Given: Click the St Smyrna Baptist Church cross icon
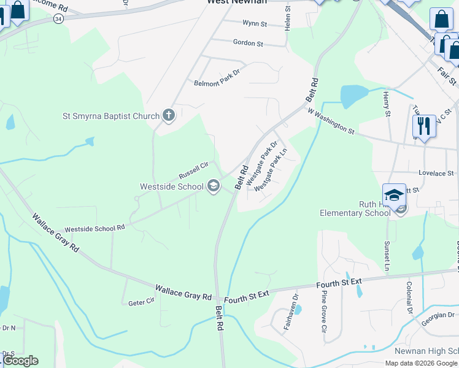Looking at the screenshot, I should coord(169,115).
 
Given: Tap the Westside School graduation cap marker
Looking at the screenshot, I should coord(214,186).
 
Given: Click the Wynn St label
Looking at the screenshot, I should coord(255,24).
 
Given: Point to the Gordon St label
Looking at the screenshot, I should coord(248,43).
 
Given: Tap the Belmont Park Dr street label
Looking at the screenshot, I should coord(217,82).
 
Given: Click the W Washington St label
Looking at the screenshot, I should coord(331,122).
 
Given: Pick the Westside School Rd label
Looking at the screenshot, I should coord(94,228).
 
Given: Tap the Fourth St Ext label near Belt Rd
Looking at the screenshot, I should coord(246,295).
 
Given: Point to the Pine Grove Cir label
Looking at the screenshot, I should coord(324,311).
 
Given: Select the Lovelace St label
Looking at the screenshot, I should coord(436,174).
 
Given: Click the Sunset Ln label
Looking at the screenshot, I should coord(387,256).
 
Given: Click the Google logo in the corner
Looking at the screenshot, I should coord(20,361).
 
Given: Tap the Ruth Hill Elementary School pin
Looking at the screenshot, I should coord(394,196).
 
